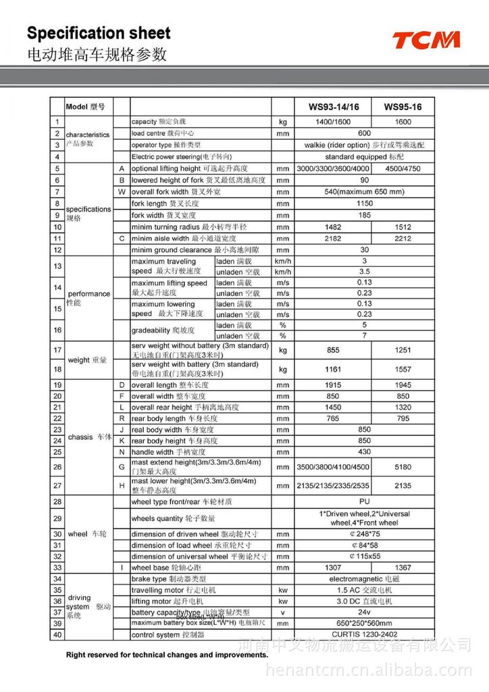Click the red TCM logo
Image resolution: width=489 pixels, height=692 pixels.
click(426, 40)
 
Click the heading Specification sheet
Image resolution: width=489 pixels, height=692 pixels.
click(98, 33)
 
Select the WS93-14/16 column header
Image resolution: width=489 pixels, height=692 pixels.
click(334, 107)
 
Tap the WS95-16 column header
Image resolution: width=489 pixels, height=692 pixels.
click(403, 107)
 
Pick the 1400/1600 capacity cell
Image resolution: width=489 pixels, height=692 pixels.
click(334, 122)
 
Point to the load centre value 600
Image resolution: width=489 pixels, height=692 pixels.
click(364, 133)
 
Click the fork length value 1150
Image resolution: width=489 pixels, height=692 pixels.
click(364, 203)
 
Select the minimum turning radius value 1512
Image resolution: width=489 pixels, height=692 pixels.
click(403, 227)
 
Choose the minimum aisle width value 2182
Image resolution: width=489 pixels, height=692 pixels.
click(334, 239)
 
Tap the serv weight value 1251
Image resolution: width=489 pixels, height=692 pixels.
click(403, 350)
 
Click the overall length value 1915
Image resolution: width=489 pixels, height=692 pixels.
click(334, 385)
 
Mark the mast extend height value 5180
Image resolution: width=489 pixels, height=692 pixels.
click(403, 467)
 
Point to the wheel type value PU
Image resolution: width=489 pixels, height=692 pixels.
click(364, 502)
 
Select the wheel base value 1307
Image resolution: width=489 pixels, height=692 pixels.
click(334, 568)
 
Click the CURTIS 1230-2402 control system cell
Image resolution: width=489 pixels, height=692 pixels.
click(364, 635)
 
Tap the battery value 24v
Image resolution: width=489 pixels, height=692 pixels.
click(364, 612)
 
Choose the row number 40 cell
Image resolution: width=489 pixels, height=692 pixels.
click(57, 635)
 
